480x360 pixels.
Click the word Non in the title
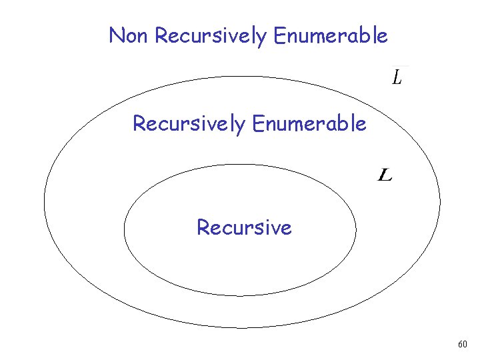[x=129, y=35]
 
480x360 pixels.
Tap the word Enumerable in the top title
[x=330, y=35]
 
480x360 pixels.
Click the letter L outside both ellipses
[x=397, y=78]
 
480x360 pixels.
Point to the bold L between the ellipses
[x=385, y=175]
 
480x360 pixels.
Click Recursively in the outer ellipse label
[x=189, y=124]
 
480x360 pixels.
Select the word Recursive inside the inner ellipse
[x=244, y=228]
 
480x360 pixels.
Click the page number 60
[x=463, y=345]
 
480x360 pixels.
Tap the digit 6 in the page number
[x=460, y=345]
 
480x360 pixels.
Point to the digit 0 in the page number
[x=465, y=345]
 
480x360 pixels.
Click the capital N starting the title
[x=116, y=35]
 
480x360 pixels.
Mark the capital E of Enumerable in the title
[x=279, y=35]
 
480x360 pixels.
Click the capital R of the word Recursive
[x=203, y=228]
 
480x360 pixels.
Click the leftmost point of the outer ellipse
[x=44, y=201]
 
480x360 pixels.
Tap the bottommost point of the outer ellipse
[x=242, y=328]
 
